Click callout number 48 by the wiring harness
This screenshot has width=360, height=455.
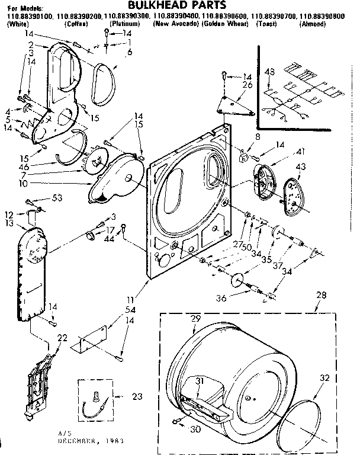click(x=271, y=72)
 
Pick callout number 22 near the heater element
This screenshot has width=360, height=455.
click(x=62, y=338)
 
